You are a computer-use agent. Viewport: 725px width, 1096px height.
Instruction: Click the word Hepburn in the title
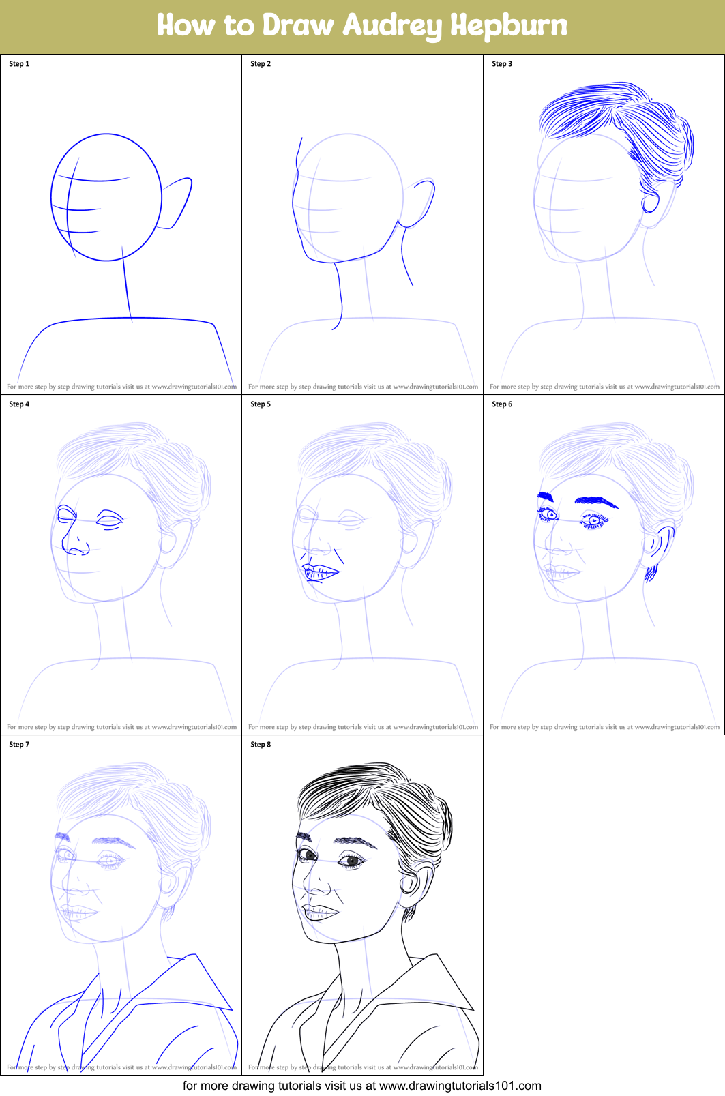pyautogui.click(x=508, y=26)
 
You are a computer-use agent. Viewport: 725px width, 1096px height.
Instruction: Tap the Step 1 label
pyautogui.click(x=19, y=64)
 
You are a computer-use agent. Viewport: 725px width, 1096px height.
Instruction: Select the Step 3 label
pyautogui.click(x=502, y=64)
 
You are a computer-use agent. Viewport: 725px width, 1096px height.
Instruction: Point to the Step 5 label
pyautogui.click(x=261, y=404)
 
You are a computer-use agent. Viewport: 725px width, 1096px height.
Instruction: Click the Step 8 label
pyautogui.click(x=261, y=745)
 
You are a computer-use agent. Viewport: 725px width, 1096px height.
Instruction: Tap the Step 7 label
pyautogui.click(x=19, y=745)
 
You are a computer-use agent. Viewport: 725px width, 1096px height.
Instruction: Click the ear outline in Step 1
pyautogui.click(x=179, y=202)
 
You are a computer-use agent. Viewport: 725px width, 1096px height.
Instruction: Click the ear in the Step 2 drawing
pyautogui.click(x=420, y=202)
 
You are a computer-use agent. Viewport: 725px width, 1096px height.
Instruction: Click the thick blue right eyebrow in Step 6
pyautogui.click(x=597, y=502)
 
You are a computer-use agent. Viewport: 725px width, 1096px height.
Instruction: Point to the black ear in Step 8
pyautogui.click(x=413, y=883)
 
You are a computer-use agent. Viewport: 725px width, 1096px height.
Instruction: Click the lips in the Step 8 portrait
pyautogui.click(x=319, y=913)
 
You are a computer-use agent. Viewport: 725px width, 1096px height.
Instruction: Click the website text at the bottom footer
pyautogui.click(x=460, y=1086)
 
